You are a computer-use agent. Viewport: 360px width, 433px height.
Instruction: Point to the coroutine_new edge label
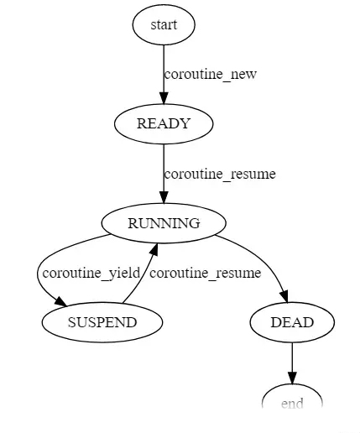click(x=211, y=75)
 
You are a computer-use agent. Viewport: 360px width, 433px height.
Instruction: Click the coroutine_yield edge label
click(x=91, y=273)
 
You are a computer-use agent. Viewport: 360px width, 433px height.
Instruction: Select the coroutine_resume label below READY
click(x=220, y=174)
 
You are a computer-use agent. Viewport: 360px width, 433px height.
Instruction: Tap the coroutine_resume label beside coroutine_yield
click(x=206, y=273)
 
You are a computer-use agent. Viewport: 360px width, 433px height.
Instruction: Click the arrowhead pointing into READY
click(x=164, y=97)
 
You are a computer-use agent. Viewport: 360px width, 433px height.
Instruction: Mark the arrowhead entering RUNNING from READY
click(x=164, y=196)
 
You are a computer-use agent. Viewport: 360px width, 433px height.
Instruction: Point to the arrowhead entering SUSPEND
click(x=61, y=301)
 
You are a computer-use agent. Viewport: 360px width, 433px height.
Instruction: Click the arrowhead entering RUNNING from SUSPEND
click(x=154, y=249)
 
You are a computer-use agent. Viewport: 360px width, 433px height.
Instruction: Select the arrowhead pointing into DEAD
click(x=284, y=296)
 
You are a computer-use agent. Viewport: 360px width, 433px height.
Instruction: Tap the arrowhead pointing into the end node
click(x=292, y=378)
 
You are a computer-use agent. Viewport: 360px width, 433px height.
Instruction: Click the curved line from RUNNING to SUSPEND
click(x=39, y=269)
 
